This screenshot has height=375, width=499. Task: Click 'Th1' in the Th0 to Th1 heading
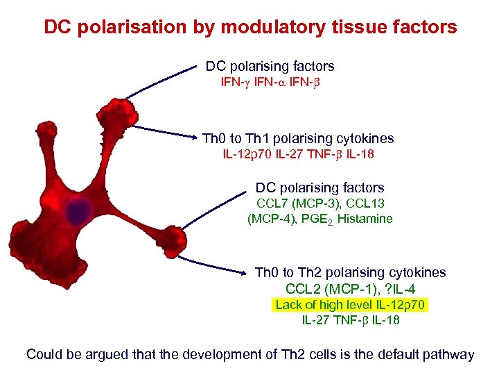[x=251, y=138]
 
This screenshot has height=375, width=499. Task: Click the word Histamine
[x=365, y=219]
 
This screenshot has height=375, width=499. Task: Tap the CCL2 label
[x=302, y=289]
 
